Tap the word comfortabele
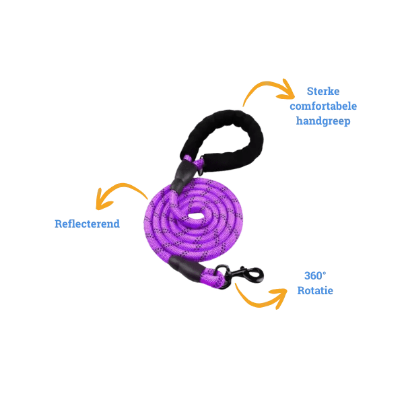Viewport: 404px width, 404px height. pos(323,106)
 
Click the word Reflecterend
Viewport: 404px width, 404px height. pos(86,223)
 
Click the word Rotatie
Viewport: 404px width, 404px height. pos(315,291)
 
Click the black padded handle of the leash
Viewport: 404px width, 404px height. pos(226,138)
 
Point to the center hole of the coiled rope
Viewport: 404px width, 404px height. pos(196,217)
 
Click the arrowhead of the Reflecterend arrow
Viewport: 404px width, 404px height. pos(102,199)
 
